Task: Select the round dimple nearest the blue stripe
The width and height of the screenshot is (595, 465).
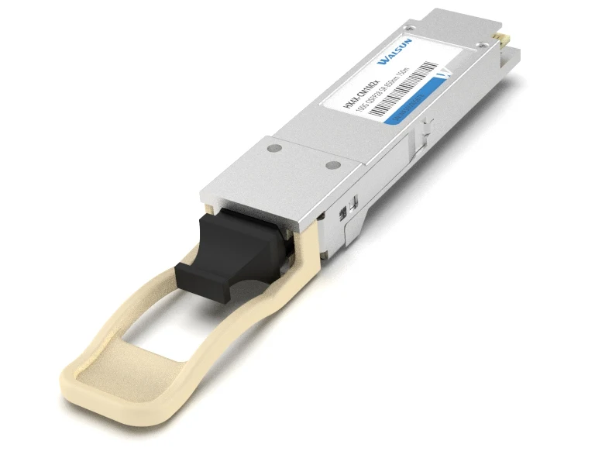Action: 331,164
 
